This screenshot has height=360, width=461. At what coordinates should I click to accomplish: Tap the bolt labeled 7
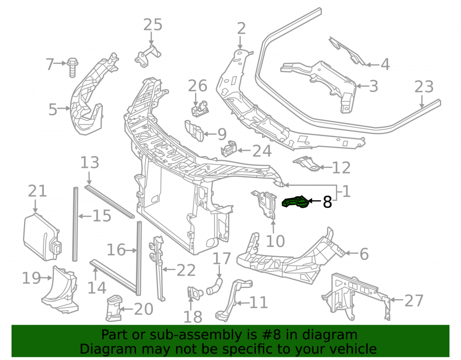coord(71,68)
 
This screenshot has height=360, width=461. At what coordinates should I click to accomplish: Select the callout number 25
coord(153,25)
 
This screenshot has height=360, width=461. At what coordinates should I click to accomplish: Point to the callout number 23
coord(424,87)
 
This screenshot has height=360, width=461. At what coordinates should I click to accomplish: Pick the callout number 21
coord(37,191)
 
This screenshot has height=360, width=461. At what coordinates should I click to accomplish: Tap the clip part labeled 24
coord(229,149)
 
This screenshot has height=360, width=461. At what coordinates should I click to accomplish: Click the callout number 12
coord(341,168)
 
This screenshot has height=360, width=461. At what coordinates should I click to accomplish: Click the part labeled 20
coord(113,308)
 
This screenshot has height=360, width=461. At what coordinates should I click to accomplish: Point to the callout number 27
coord(414,301)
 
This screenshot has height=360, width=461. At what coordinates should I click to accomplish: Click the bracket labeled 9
coord(194,130)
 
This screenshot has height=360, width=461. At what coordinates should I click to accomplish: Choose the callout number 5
coord(53,110)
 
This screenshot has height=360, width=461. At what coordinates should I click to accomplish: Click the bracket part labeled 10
coord(264,205)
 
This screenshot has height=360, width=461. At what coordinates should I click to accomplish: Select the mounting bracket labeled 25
coord(148,56)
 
